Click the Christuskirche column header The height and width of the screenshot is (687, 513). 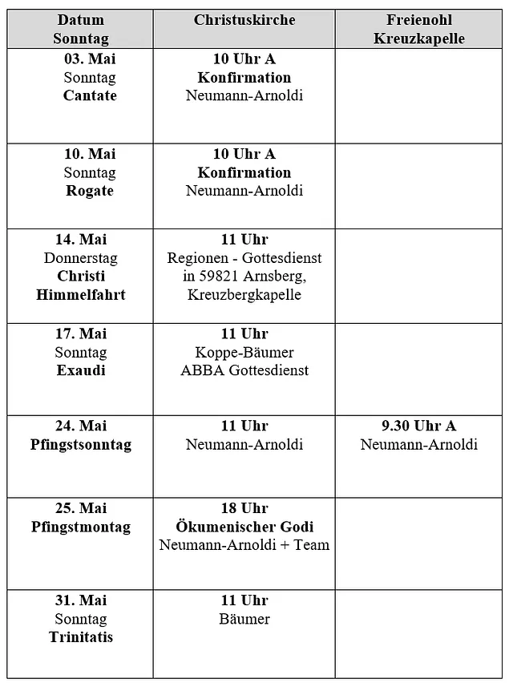(244, 20)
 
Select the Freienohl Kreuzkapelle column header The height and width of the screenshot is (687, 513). (418, 29)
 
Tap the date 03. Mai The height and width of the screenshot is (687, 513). (90, 59)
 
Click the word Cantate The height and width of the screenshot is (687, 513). (90, 96)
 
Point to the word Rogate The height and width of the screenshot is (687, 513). (90, 192)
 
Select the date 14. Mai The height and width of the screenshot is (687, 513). (81, 240)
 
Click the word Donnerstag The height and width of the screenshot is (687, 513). (81, 258)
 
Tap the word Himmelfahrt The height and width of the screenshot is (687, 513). (81, 295)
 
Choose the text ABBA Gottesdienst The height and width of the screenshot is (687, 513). (244, 370)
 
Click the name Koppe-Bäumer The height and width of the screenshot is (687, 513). (244, 352)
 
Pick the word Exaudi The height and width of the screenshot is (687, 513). (81, 370)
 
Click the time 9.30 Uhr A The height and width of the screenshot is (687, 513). (418, 426)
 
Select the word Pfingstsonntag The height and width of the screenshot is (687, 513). (81, 445)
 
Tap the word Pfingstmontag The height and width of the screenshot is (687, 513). (81, 527)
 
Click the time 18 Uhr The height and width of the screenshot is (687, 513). (244, 508)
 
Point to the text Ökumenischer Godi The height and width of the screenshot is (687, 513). (244, 527)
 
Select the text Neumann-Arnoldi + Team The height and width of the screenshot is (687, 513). (244, 546)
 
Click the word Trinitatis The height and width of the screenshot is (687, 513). (81, 638)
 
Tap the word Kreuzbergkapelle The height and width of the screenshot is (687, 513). (244, 295)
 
